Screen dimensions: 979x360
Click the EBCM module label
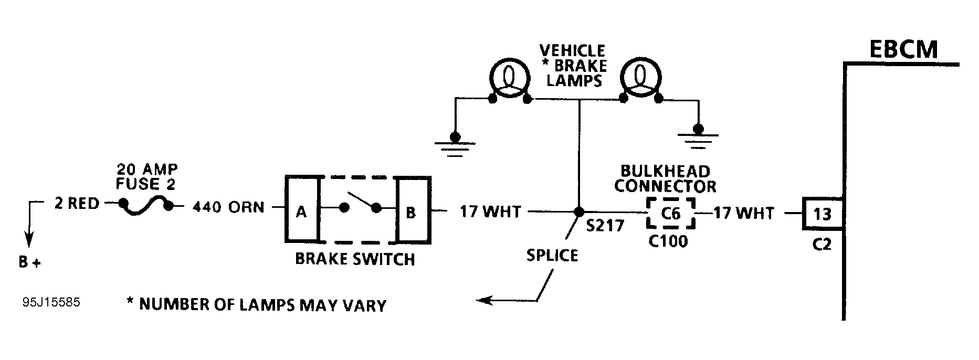coord(903,50)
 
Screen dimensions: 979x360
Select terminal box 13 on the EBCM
coord(822,214)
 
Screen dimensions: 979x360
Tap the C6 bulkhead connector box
coord(671,213)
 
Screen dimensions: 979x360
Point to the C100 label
coord(668,241)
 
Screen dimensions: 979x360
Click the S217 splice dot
coord(578,212)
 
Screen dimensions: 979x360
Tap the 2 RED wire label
coord(77,204)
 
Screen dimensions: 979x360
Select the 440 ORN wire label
coord(228,207)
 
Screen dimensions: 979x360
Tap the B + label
coord(29,262)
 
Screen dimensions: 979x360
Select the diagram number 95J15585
coord(51,303)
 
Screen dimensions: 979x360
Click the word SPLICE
coord(552,256)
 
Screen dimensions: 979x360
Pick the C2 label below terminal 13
coord(822,245)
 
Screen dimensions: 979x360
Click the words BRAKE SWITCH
coord(355,259)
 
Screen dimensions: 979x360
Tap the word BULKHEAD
coord(666,171)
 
